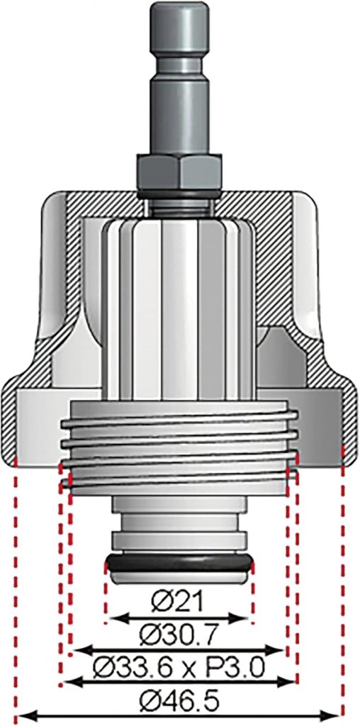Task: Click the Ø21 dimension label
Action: (x=178, y=603)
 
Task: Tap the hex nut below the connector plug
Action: (x=179, y=172)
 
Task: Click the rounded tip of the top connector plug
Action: (x=179, y=10)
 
